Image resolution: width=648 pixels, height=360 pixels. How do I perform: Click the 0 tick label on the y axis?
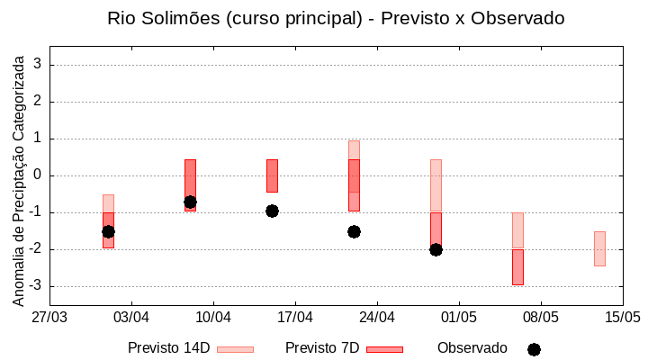coord(37,175)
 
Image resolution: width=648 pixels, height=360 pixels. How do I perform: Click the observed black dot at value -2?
coord(436,249)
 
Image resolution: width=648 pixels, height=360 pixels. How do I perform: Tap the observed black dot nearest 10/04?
coord(190,202)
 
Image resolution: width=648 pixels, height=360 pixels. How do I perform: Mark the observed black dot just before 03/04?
coord(108,231)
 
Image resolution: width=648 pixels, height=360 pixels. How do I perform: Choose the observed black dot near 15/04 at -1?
coord(272,211)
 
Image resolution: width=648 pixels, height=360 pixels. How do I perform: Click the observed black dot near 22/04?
coord(354,231)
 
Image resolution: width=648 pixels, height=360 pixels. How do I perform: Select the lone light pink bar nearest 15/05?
coord(599,248)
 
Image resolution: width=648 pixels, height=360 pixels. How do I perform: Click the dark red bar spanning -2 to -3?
coord(517,267)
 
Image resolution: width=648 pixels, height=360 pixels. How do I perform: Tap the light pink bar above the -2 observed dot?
coord(436,185)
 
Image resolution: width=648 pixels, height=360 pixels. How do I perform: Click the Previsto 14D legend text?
coord(168,348)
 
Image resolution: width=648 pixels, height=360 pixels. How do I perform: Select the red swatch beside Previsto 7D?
coord(384,349)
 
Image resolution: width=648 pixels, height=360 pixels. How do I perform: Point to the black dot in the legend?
coord(534,349)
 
